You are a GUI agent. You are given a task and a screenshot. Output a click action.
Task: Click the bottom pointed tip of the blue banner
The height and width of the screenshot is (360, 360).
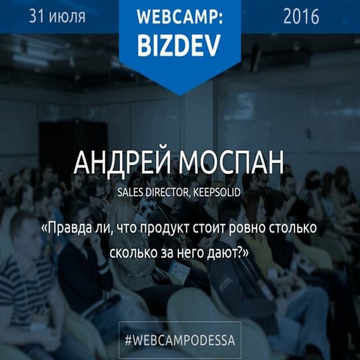coord(179,93)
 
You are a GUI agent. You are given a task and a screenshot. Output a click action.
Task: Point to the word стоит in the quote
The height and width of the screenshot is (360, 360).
coord(229,226)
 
